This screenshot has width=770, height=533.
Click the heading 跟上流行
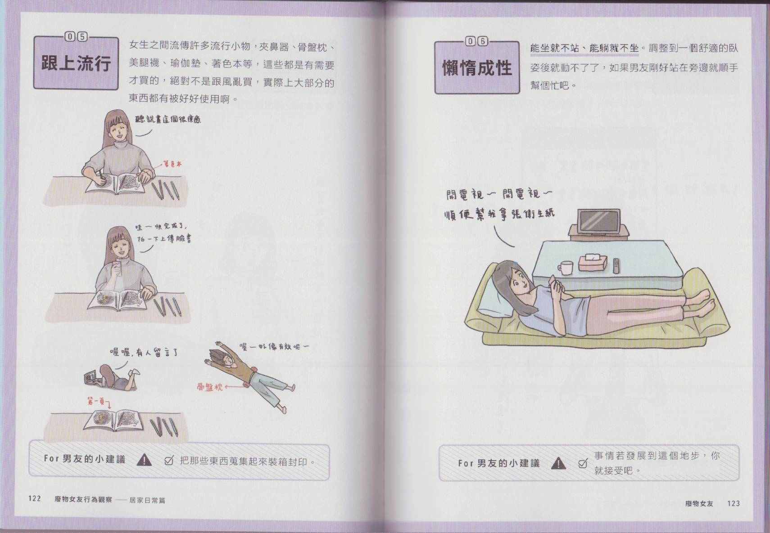(76, 63)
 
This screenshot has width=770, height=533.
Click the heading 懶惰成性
(477, 67)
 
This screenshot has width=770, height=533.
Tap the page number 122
(34, 498)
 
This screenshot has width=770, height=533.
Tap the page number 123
(733, 503)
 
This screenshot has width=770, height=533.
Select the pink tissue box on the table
(593, 263)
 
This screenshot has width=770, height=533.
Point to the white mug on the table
(566, 268)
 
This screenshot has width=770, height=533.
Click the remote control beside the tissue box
(616, 266)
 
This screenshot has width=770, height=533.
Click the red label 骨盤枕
(209, 387)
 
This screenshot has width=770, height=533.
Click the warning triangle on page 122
(144, 460)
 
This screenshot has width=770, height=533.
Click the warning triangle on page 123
(558, 463)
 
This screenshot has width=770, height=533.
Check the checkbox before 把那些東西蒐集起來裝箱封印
(169, 460)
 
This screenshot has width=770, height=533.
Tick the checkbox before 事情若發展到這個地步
(583, 464)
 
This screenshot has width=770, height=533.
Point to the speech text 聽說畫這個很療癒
(168, 119)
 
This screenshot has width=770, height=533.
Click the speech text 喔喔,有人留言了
(144, 352)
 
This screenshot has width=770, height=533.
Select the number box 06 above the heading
(477, 41)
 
